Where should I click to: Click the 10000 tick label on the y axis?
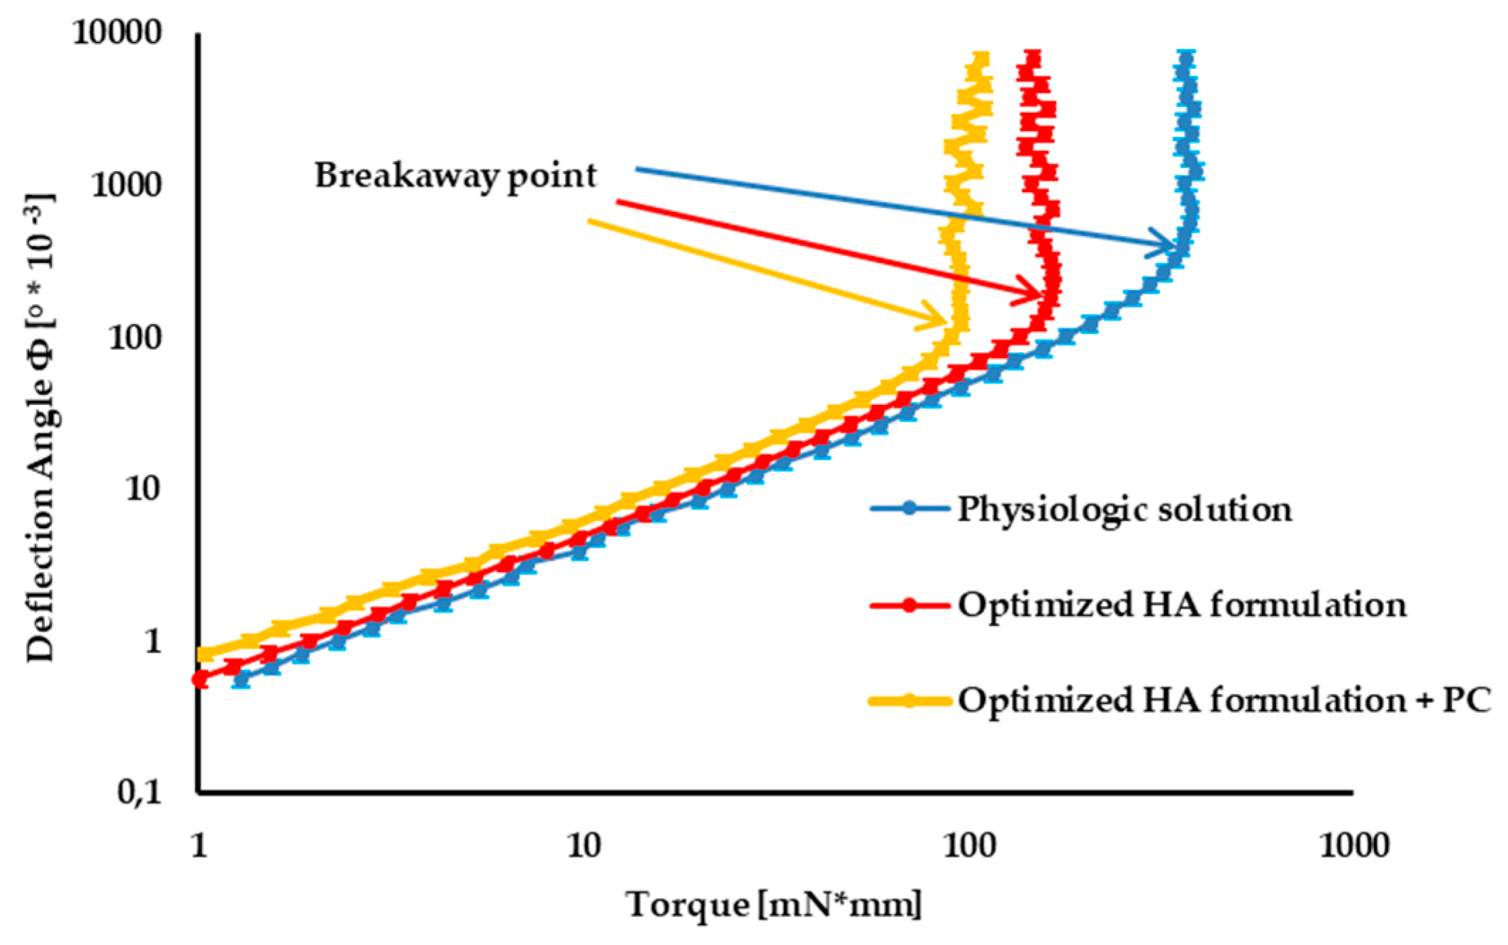pos(117,33)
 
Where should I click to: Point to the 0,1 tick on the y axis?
pos(140,791)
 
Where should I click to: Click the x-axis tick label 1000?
pos(1353,845)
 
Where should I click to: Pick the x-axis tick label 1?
pos(199,845)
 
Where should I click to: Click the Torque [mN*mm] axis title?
pos(773,905)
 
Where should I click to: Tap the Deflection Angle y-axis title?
pos(41,428)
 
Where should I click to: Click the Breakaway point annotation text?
pos(455,175)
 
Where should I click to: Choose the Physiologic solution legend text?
pos(1124,509)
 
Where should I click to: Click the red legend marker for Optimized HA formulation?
pos(910,605)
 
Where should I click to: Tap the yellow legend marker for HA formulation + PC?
pos(910,700)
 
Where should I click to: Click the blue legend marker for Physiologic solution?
pos(910,508)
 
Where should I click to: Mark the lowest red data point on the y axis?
pos(201,679)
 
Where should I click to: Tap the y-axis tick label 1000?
pos(126,185)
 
